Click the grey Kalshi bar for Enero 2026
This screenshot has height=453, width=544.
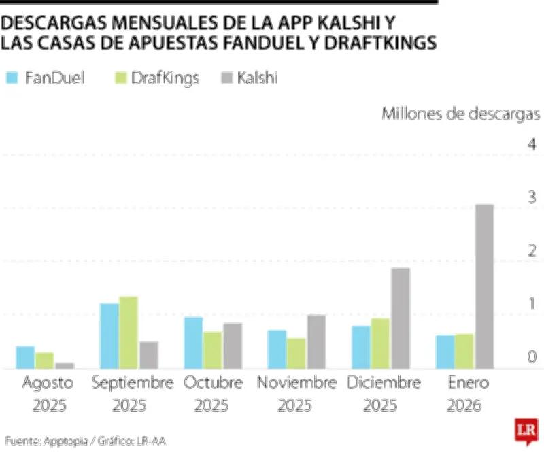point(483,286)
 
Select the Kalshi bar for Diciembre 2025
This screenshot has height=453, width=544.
point(401,318)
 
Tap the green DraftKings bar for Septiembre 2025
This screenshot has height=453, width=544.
point(128,332)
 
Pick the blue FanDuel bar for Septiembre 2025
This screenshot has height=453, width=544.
point(109,335)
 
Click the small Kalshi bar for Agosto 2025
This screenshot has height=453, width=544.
point(65,365)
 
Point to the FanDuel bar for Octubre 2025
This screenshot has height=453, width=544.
point(193,342)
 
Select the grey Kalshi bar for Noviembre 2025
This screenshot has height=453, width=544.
point(316,341)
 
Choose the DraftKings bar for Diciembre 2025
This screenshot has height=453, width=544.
point(381,343)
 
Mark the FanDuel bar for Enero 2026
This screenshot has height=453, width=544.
point(445,351)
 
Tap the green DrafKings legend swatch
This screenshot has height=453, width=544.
point(120,78)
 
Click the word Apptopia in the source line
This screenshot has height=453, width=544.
point(65,441)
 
